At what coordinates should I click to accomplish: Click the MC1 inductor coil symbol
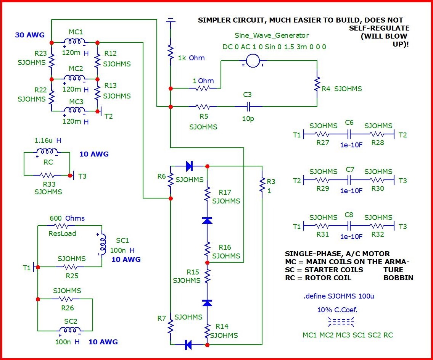[x=74, y=41]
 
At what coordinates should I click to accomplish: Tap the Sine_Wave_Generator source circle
[x=253, y=60]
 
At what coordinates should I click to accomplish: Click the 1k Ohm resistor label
[x=191, y=58]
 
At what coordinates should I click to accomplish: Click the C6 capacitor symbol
[x=349, y=134]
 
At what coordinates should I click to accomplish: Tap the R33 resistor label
[x=48, y=184]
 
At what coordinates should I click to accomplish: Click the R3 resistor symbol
[x=262, y=185]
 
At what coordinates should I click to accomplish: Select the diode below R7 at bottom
[x=188, y=345]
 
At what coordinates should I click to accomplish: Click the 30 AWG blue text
[x=29, y=35]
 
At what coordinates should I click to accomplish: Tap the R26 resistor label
[x=68, y=308]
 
